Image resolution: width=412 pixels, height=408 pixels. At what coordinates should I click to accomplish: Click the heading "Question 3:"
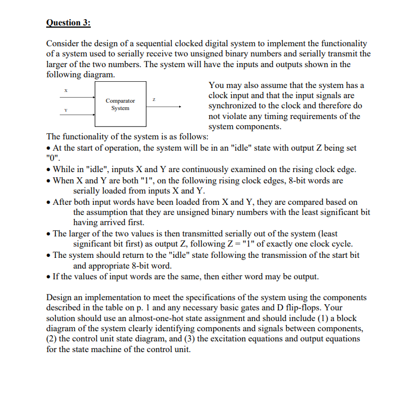(x=68, y=23)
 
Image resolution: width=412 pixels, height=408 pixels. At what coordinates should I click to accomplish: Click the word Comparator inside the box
(x=120, y=101)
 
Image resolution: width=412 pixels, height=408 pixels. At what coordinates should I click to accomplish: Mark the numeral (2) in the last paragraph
(x=53, y=339)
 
